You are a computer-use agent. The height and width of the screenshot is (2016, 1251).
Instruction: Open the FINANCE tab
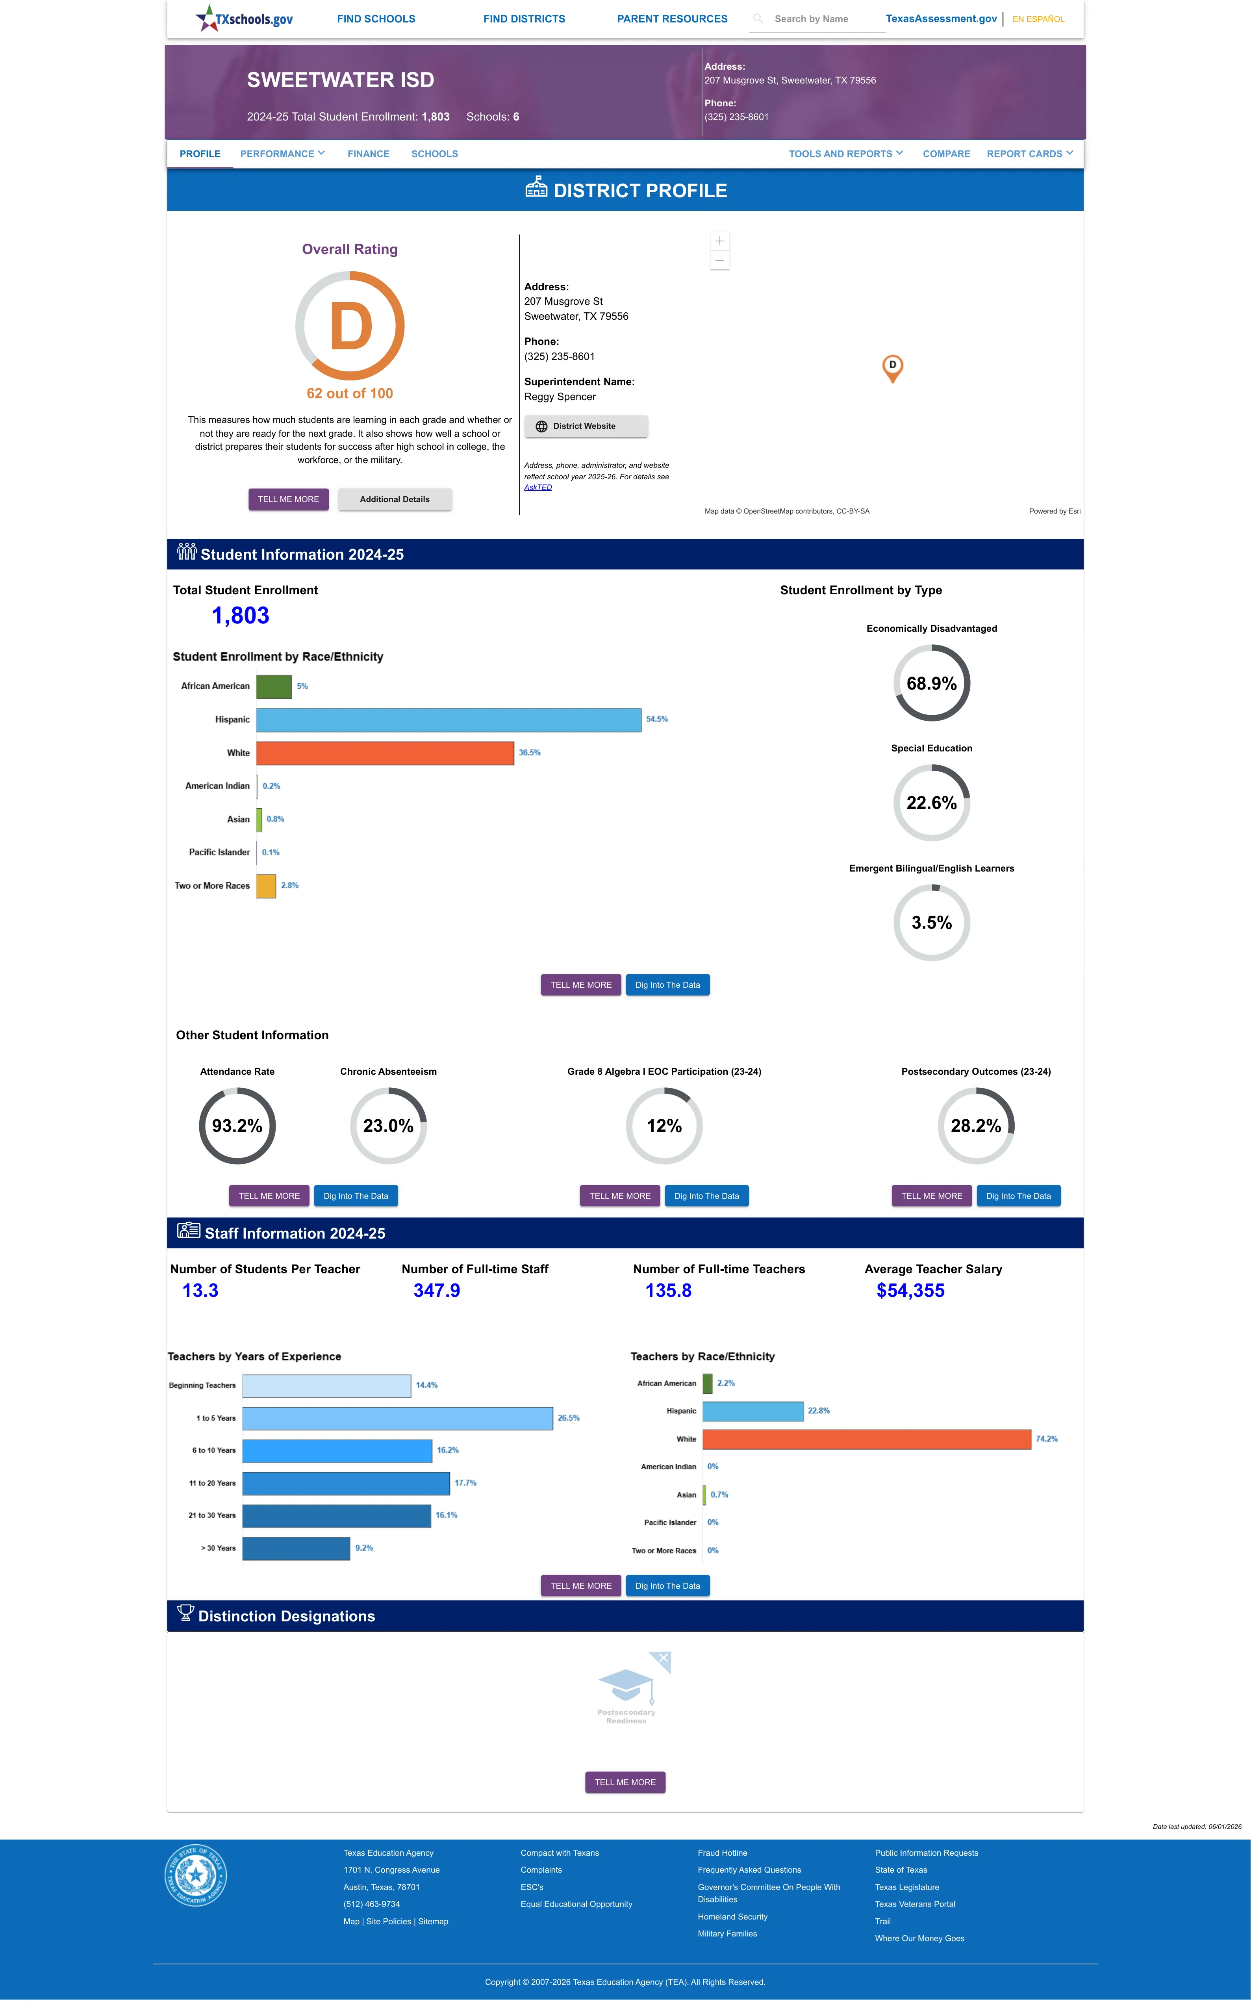click(368, 154)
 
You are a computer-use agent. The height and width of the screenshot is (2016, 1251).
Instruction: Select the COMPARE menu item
click(946, 154)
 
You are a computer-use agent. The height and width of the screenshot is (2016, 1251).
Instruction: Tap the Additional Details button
click(395, 500)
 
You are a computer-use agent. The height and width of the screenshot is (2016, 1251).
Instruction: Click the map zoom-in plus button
click(720, 241)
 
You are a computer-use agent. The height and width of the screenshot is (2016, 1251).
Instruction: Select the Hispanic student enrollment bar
click(449, 720)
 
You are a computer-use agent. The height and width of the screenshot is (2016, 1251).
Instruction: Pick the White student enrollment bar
click(385, 753)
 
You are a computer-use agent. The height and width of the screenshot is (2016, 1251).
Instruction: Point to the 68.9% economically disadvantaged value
click(932, 683)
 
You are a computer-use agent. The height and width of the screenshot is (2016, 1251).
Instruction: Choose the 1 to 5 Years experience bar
click(397, 1418)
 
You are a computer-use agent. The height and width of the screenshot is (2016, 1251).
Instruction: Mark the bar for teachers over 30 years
click(296, 1548)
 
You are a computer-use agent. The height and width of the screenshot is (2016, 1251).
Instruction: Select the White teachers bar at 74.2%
click(867, 1439)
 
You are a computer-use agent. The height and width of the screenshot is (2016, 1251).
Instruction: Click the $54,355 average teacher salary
click(910, 1291)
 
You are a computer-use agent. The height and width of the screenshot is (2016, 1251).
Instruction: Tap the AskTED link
click(538, 487)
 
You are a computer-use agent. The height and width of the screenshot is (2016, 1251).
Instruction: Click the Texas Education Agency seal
click(195, 1875)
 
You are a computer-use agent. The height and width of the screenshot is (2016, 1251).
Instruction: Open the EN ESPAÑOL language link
click(1038, 19)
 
